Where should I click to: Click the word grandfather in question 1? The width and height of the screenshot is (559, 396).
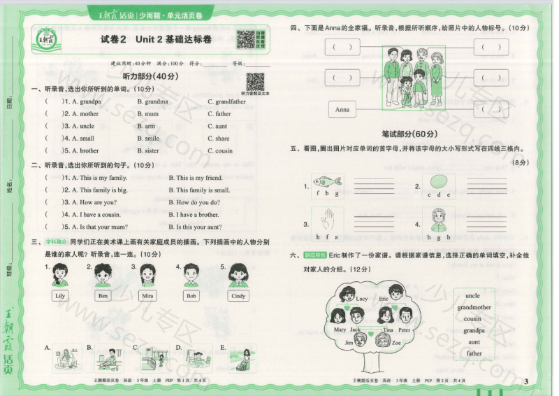[x=230, y=101]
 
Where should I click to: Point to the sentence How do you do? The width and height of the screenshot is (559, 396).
[x=194, y=202]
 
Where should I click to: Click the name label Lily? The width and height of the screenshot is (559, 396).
[x=61, y=296]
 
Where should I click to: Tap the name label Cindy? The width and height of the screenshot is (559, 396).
[x=238, y=296]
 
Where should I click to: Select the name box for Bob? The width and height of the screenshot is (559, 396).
[x=191, y=296]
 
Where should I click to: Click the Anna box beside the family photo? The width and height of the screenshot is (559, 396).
[x=342, y=110]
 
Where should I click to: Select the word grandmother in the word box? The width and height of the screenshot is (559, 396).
[x=474, y=307]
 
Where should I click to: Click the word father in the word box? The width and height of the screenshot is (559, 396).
[x=474, y=353]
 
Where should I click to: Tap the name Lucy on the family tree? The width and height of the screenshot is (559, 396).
[x=361, y=299]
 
